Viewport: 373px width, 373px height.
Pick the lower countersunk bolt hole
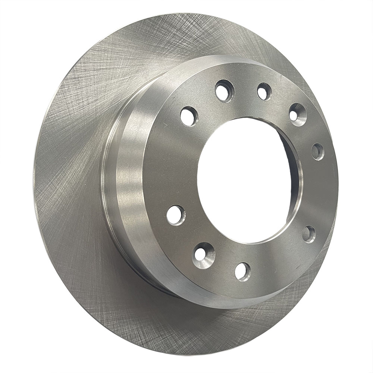[x=203, y=255]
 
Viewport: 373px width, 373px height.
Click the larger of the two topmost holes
[x=224, y=91]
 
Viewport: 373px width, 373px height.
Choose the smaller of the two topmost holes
[x=264, y=91]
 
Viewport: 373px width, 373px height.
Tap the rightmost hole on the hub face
[x=317, y=151]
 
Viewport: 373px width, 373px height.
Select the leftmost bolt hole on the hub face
[x=176, y=215]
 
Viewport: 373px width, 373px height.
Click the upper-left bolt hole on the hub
[x=189, y=116]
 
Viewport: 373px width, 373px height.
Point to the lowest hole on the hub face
[x=242, y=271]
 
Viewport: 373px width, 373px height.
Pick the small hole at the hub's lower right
[x=308, y=234]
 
